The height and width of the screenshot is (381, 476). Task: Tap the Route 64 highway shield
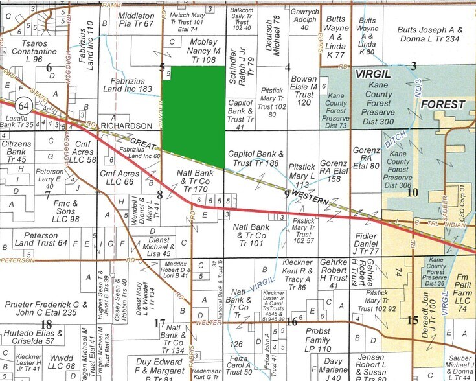click(25, 105)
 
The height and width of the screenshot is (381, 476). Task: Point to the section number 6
click(49, 67)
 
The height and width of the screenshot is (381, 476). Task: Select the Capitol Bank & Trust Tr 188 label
click(257, 158)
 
